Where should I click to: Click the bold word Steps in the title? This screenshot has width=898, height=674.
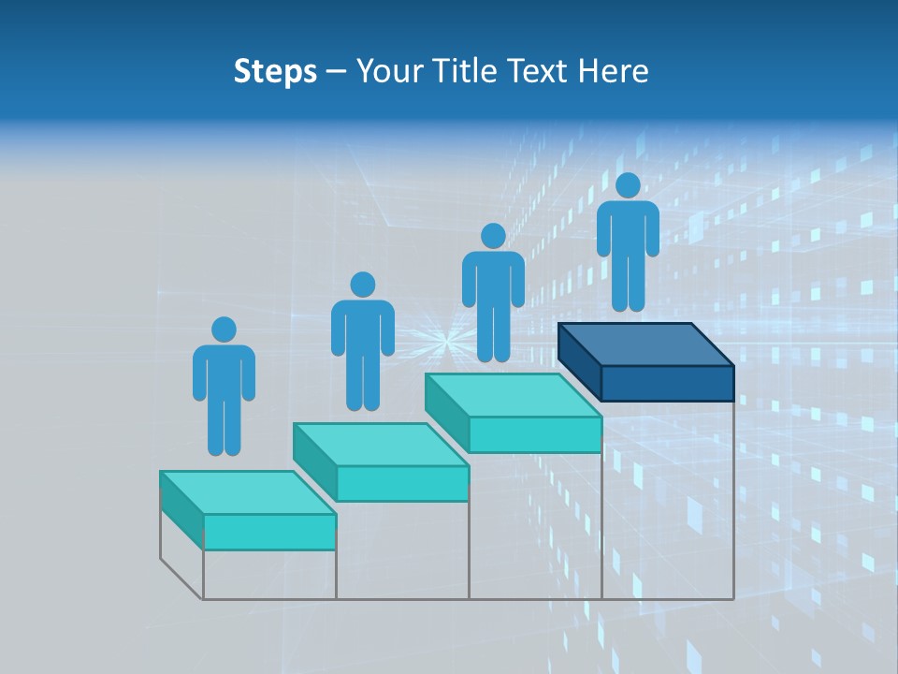coord(275,72)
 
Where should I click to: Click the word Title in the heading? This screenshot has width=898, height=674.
coord(468,71)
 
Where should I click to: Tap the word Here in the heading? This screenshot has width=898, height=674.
coord(614,71)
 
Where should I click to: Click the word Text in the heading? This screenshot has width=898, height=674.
coord(540,71)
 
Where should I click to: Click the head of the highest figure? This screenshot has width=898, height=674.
coord(628,185)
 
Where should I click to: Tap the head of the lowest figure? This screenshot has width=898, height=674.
coord(224,330)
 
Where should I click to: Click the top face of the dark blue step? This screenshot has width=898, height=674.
coord(645,344)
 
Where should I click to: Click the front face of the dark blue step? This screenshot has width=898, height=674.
coord(667,383)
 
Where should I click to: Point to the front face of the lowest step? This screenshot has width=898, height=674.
coord(269,532)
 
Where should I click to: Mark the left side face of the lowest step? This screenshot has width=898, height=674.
coord(181,510)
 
